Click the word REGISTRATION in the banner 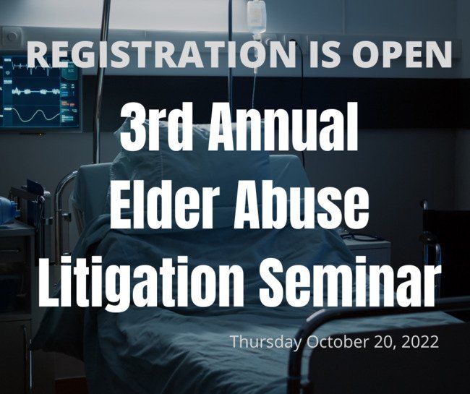coord(163,54)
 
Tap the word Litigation coord(142,281)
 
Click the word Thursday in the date coord(266,342)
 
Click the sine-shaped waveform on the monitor coord(36,115)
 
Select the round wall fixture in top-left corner coord(12,37)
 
